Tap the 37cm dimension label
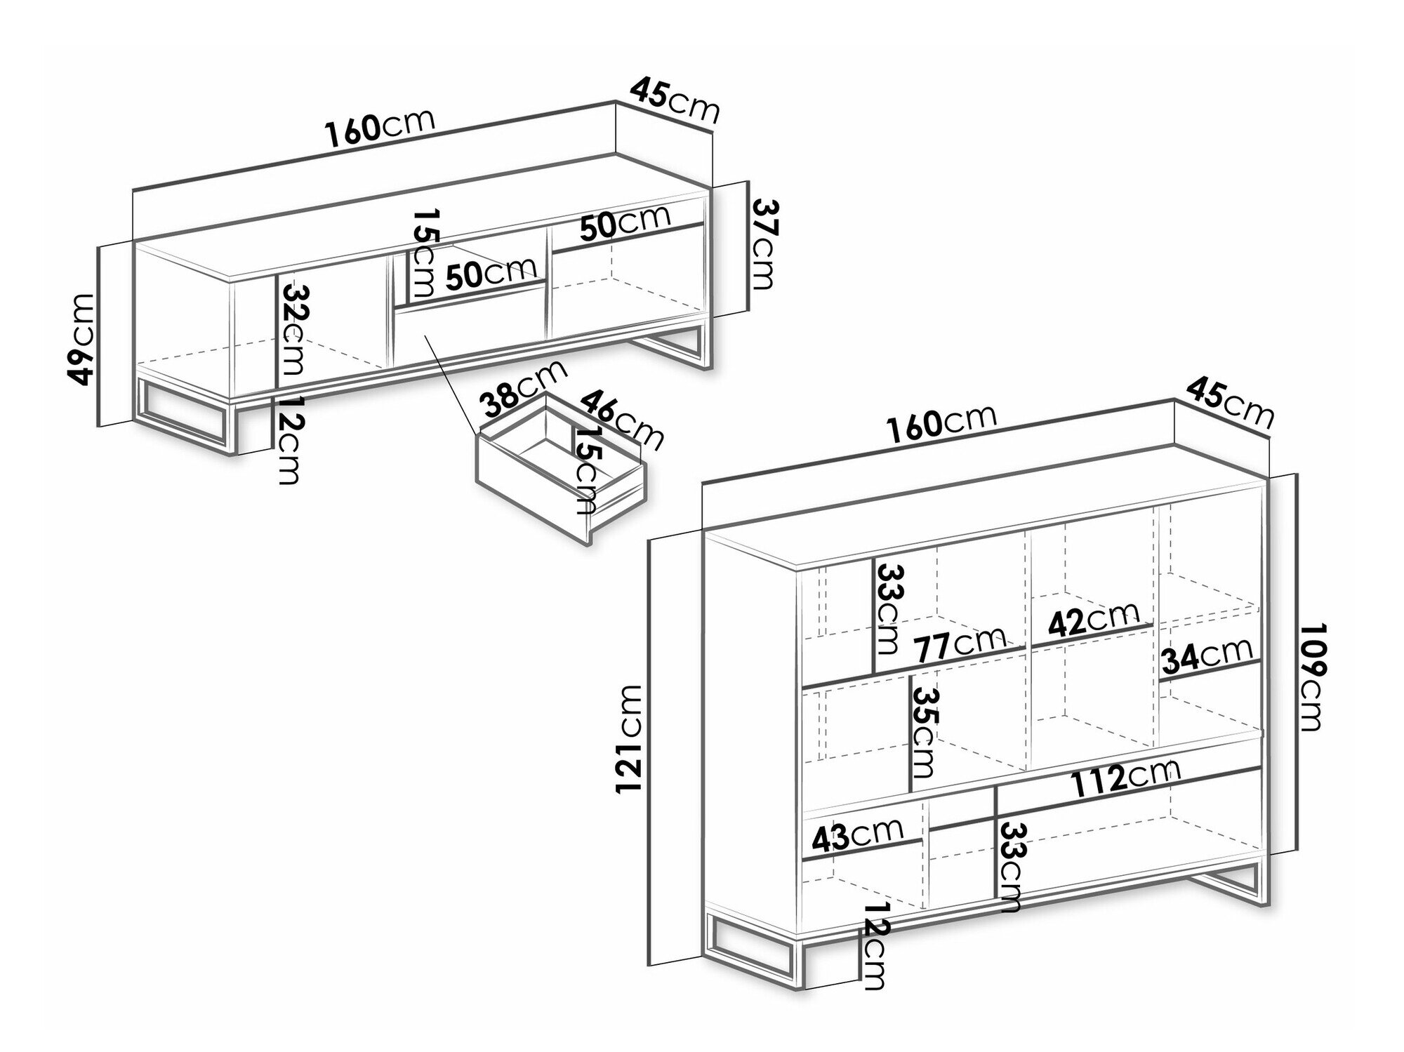763,243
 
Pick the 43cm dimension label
857,834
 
